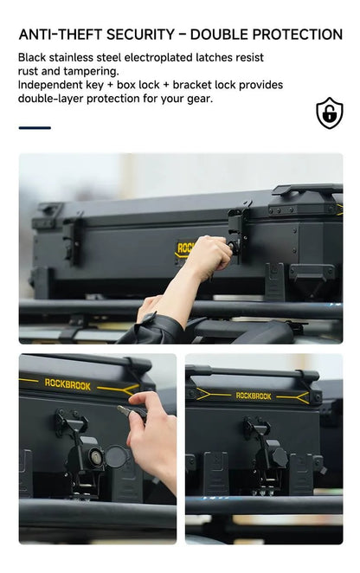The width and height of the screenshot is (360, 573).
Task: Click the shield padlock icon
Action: [330, 113]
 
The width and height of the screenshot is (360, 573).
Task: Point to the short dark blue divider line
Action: [35, 128]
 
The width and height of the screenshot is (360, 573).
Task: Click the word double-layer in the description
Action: [50, 99]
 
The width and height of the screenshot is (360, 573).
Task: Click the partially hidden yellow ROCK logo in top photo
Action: [184, 248]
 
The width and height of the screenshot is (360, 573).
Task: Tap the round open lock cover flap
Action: [117, 456]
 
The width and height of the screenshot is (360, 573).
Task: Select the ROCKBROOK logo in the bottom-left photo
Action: [67, 384]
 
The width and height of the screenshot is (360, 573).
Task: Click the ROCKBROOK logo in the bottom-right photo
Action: [254, 396]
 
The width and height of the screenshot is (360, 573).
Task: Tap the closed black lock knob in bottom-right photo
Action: [279, 456]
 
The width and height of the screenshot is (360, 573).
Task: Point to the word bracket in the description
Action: [192, 85]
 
